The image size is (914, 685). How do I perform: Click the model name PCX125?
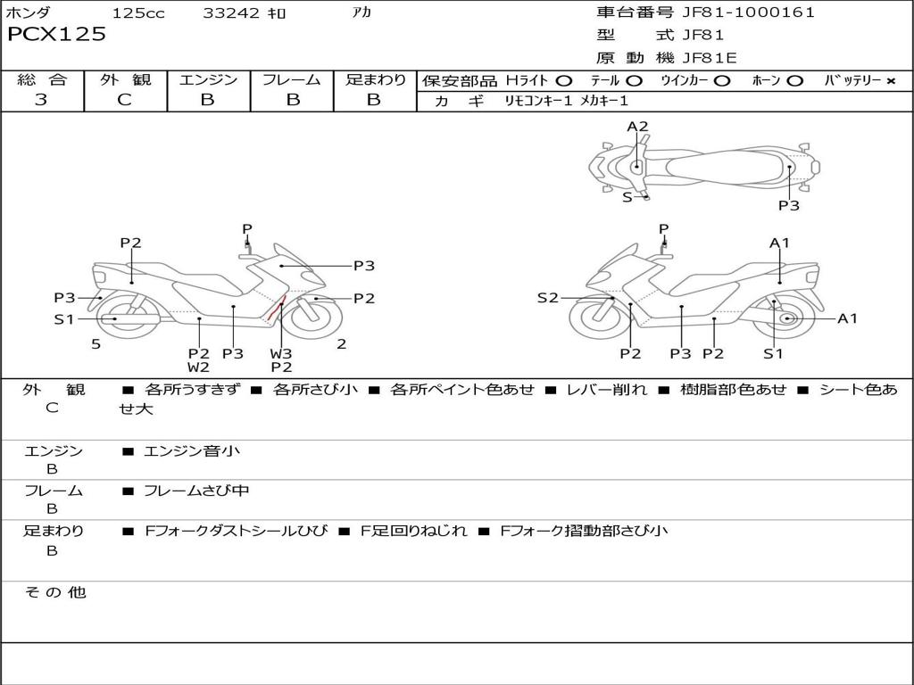(56, 35)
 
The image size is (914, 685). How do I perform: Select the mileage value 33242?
(231, 13)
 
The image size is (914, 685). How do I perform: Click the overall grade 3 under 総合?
(41, 100)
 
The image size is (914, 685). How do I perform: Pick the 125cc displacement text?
(138, 13)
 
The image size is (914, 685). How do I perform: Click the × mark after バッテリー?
(890, 81)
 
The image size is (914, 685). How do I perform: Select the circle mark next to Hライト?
(563, 81)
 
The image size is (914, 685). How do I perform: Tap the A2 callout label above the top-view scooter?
(637, 127)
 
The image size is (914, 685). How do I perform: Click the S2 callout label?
(547, 298)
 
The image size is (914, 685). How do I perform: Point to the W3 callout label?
(281, 353)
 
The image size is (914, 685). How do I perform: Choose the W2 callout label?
(198, 367)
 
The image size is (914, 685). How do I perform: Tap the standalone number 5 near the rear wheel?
(96, 343)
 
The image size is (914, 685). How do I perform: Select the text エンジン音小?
(192, 451)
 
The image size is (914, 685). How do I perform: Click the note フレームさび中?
(196, 491)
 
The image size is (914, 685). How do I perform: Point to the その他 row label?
(54, 592)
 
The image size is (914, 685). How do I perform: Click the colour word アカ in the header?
(361, 13)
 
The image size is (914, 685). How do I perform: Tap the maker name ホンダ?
(29, 13)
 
